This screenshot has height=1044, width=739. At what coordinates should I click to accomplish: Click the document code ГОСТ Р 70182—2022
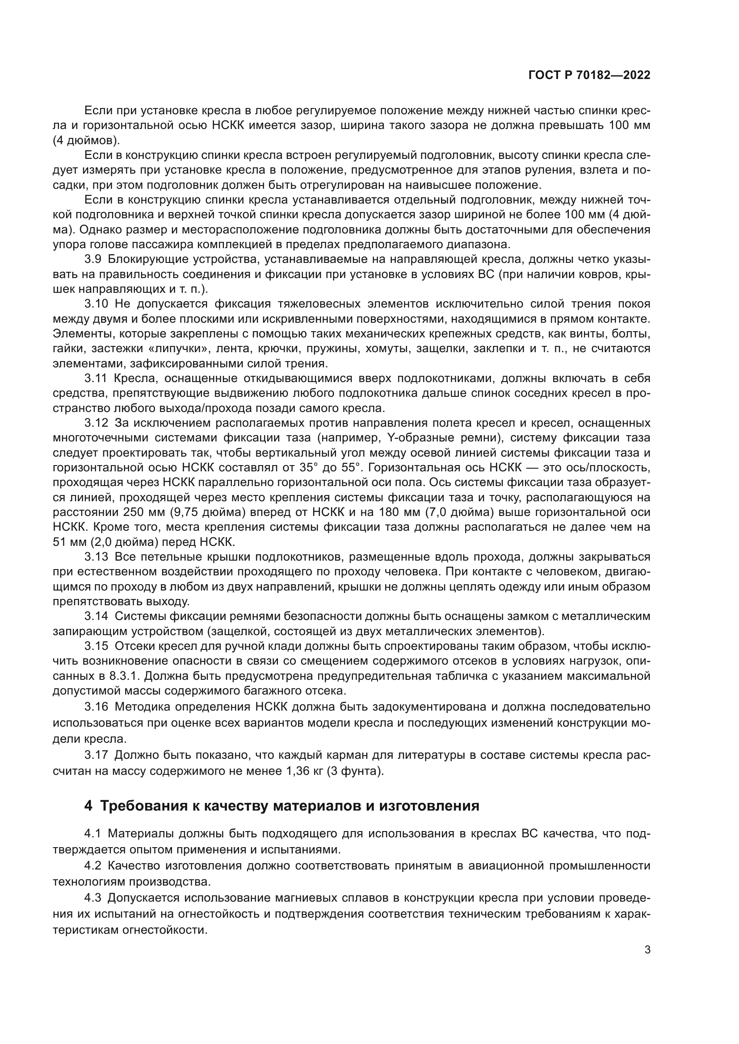(589, 75)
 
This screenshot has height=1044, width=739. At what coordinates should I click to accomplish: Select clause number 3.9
(96, 260)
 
